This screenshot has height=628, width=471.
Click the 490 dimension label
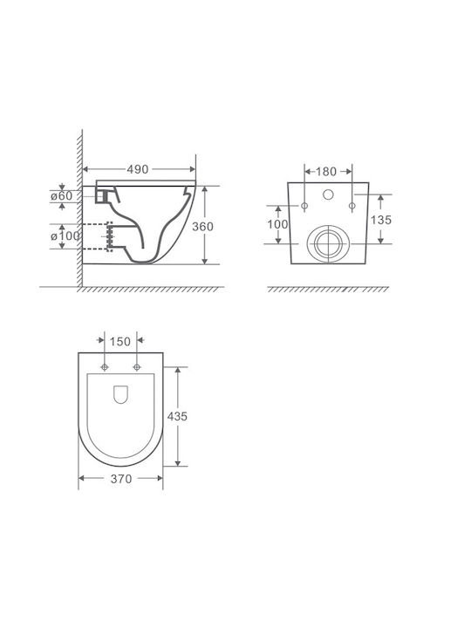pyautogui.click(x=138, y=169)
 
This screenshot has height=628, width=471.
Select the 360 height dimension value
pyautogui.click(x=202, y=226)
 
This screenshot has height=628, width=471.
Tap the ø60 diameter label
pyautogui.click(x=62, y=196)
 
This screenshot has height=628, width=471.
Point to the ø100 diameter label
pyautogui.click(x=65, y=235)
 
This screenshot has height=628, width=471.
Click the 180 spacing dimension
pyautogui.click(x=326, y=172)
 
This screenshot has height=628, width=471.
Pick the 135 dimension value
pyautogui.click(x=381, y=220)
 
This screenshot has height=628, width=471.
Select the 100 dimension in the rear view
pyautogui.click(x=277, y=224)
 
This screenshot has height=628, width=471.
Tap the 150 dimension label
pyautogui.click(x=120, y=342)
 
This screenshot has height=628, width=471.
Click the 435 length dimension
pyautogui.click(x=177, y=417)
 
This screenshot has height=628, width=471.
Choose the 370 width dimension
pyautogui.click(x=121, y=479)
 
